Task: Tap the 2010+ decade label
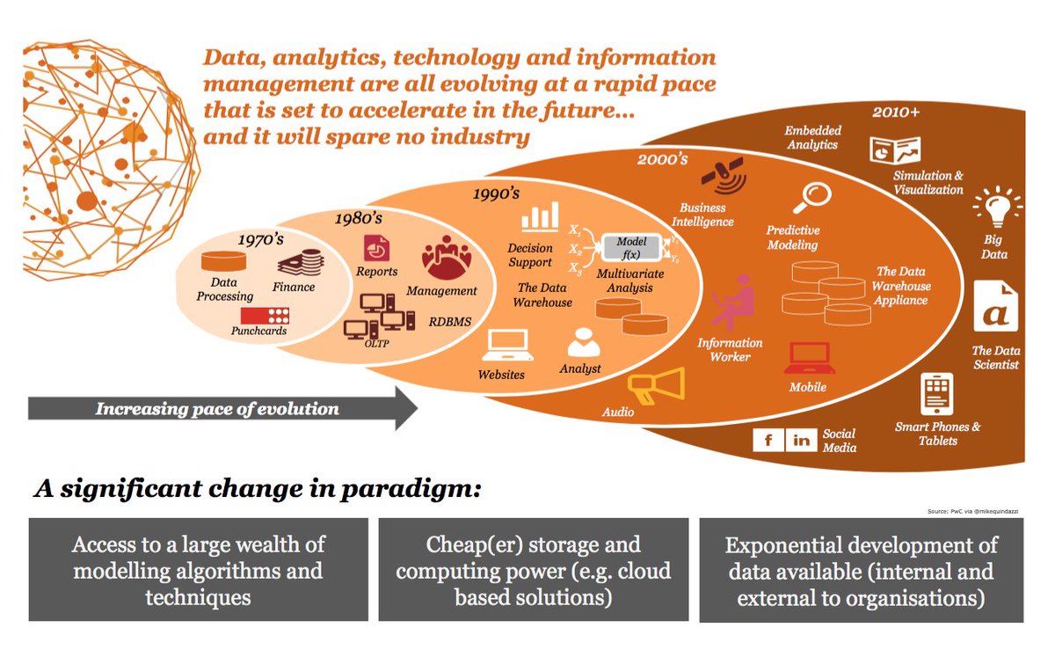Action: (x=898, y=113)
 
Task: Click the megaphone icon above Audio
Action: (x=655, y=383)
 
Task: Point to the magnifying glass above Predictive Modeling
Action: (x=809, y=199)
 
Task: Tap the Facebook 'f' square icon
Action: (x=768, y=440)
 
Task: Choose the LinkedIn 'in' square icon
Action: (x=801, y=440)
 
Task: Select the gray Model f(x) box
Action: (x=630, y=247)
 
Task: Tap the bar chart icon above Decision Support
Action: (x=540, y=216)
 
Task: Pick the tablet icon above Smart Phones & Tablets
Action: (x=936, y=394)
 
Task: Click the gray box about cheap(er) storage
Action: (x=533, y=570)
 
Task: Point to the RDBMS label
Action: (x=450, y=321)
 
